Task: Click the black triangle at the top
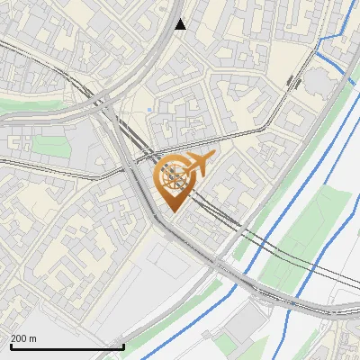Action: (x=180, y=24)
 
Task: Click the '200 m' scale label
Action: (x=23, y=338)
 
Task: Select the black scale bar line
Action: (x=67, y=346)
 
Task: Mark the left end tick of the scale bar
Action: (x=10, y=345)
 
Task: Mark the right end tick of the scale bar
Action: (x=123, y=345)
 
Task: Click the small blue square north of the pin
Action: (x=149, y=111)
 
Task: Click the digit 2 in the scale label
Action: (x=13, y=338)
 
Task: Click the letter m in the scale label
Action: (x=33, y=339)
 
